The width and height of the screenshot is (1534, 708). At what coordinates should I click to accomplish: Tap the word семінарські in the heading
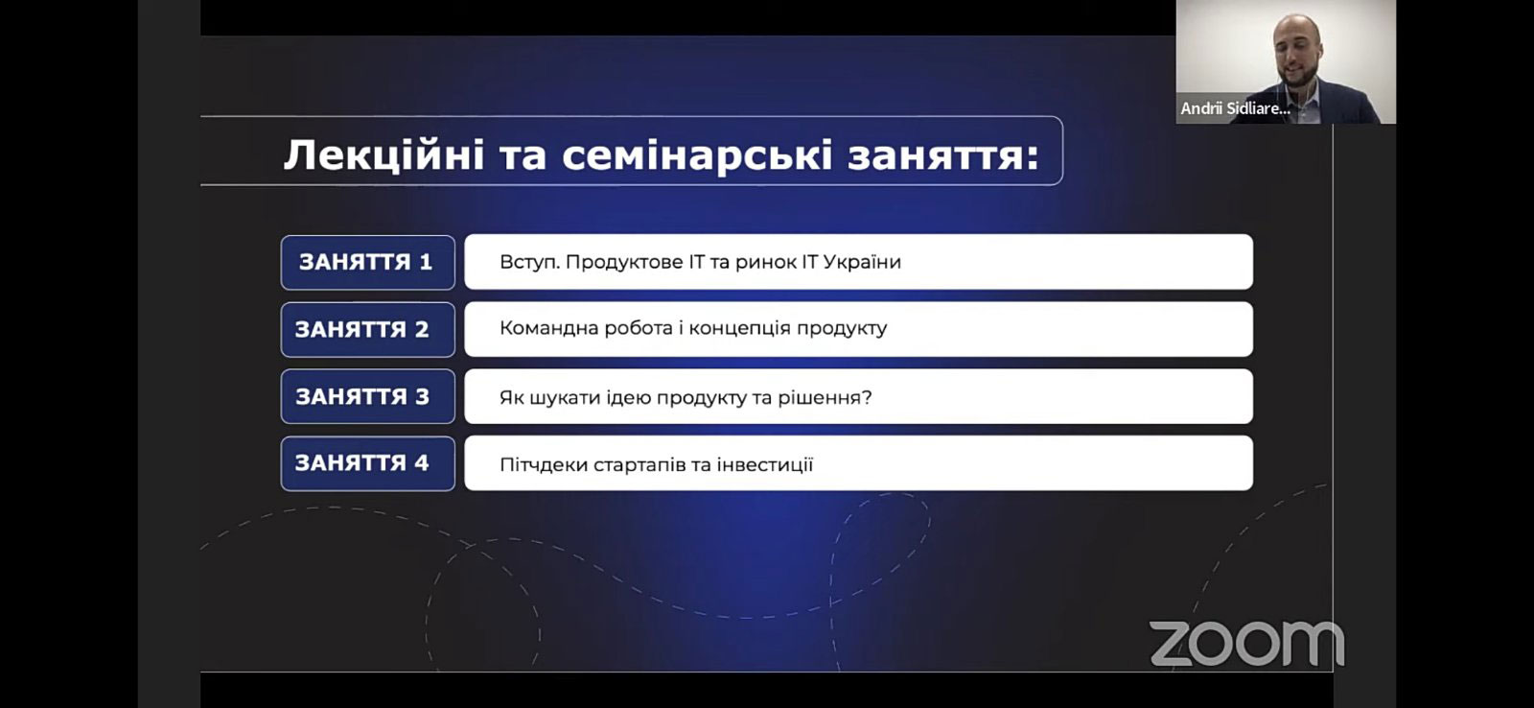click(x=697, y=154)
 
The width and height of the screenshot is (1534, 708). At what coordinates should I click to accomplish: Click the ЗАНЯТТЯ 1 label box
click(x=368, y=263)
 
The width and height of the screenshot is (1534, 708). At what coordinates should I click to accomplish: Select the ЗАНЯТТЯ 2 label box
click(x=368, y=330)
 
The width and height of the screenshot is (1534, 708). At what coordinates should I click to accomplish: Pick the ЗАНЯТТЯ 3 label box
click(x=368, y=396)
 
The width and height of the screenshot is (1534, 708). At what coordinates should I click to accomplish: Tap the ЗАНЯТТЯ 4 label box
click(x=368, y=463)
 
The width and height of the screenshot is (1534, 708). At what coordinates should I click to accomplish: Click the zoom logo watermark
click(x=1246, y=643)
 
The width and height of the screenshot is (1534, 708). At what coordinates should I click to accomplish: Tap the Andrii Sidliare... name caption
click(x=1235, y=108)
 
